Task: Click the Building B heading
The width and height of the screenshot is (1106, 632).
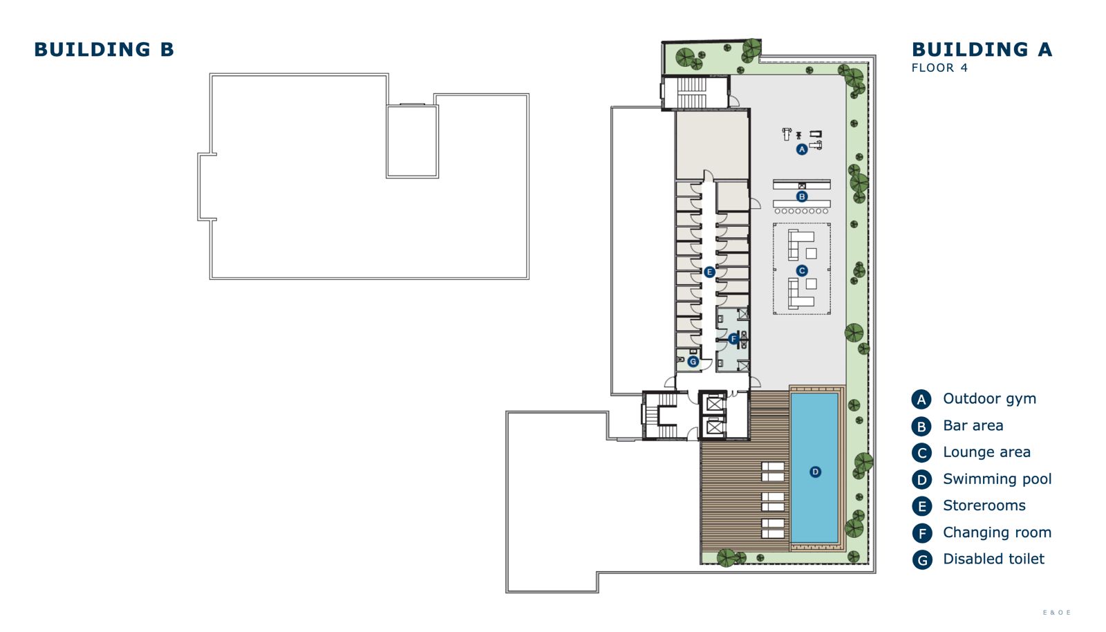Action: click(x=104, y=49)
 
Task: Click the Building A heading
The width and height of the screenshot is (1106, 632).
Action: click(x=982, y=49)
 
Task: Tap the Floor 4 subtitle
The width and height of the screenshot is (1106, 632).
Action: click(x=939, y=68)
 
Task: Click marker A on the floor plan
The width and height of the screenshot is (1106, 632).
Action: click(x=802, y=149)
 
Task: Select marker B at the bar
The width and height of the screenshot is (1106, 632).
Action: click(x=802, y=196)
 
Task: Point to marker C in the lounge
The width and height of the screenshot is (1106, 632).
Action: click(x=802, y=270)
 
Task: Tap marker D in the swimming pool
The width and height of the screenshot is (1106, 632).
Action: click(x=815, y=472)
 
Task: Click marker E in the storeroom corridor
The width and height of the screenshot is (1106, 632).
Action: click(x=709, y=272)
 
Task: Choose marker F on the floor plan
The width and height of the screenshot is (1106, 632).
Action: click(x=733, y=339)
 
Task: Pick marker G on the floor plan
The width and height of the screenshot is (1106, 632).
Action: click(x=693, y=362)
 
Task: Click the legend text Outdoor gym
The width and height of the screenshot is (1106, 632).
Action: click(x=989, y=398)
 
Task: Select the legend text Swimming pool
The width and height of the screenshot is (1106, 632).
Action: click(x=997, y=479)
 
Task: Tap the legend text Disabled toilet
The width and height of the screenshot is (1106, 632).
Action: click(x=993, y=559)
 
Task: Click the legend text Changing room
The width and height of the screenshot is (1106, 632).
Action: click(x=997, y=532)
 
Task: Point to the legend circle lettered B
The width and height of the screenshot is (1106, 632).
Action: click(x=921, y=426)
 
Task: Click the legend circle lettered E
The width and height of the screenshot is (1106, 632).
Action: click(x=921, y=507)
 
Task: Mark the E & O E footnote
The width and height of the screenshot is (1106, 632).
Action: click(x=1057, y=612)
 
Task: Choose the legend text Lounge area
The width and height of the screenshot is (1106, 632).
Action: click(x=986, y=452)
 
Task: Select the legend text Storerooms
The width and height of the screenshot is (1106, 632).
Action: click(x=984, y=505)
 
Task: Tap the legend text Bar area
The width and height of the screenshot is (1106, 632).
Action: click(x=973, y=426)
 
